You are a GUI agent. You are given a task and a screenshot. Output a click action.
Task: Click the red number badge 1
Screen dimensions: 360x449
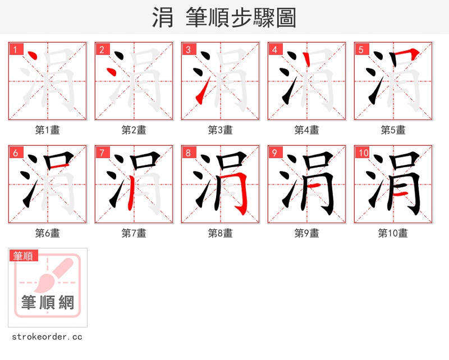15,49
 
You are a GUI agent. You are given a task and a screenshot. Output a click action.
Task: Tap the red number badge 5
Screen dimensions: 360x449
361,49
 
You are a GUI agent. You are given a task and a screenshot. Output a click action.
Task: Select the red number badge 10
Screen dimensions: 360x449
363,153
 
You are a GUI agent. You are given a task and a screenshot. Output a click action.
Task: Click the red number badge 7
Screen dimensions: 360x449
102,153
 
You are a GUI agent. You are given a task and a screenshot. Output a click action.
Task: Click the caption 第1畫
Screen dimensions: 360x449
48,130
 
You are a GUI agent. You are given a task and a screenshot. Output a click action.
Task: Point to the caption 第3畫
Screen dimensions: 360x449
221,130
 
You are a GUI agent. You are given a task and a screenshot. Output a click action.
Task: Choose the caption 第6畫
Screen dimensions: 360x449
48,233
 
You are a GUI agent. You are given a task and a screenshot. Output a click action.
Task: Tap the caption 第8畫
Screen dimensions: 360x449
221,233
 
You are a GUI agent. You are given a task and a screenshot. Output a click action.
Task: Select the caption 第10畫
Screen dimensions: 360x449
393,233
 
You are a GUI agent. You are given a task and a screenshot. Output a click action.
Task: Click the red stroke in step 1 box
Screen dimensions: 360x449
33,56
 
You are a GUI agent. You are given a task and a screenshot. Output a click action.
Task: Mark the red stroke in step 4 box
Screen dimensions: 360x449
306,61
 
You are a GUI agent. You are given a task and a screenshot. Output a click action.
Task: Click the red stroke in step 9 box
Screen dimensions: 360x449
315,185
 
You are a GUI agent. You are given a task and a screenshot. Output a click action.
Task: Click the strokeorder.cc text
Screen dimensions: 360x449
47,337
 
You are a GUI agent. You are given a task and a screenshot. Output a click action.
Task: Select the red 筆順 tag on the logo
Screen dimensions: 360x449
24,256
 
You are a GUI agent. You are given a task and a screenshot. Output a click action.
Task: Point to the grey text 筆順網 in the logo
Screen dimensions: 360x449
48,303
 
